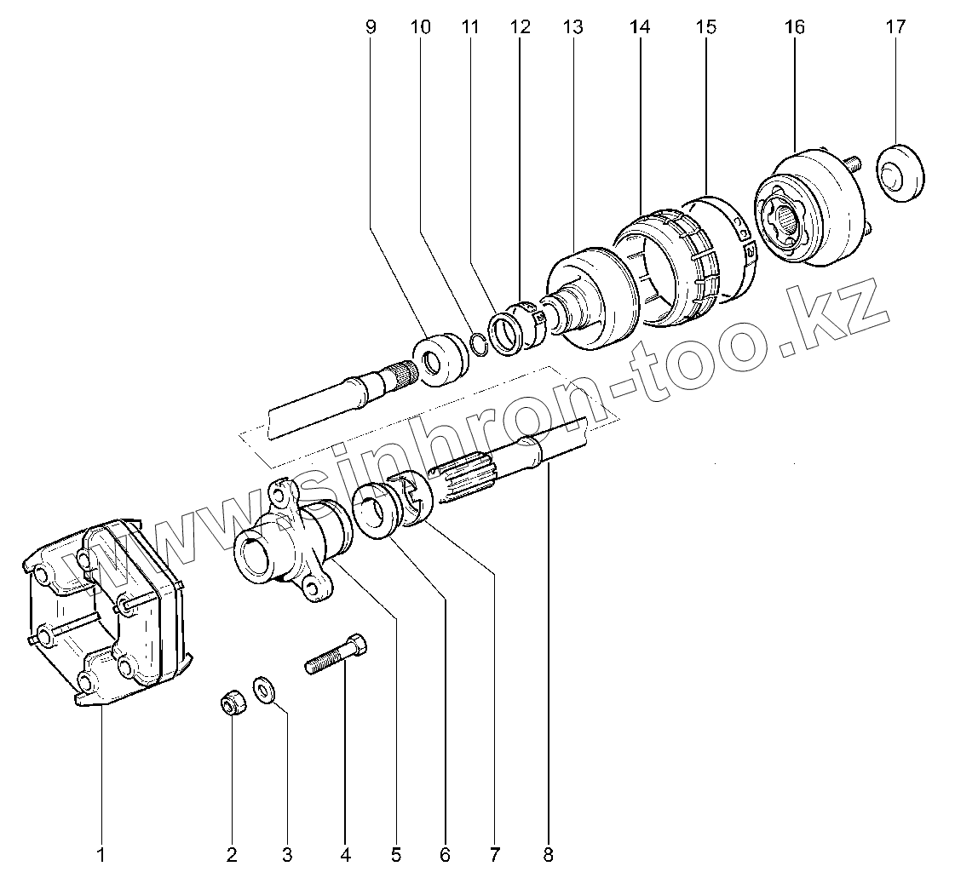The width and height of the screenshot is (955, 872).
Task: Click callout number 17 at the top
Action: [895, 27]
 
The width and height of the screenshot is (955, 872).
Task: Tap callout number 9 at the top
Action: [371, 27]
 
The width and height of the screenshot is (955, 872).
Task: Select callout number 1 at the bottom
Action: [101, 854]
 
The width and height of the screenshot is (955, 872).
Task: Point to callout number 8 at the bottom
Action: [549, 854]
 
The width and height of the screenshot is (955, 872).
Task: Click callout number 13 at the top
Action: [572, 27]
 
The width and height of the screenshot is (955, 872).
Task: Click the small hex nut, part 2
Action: [229, 703]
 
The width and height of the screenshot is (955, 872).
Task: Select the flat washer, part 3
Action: [263, 688]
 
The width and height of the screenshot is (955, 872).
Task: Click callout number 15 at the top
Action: [706, 27]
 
